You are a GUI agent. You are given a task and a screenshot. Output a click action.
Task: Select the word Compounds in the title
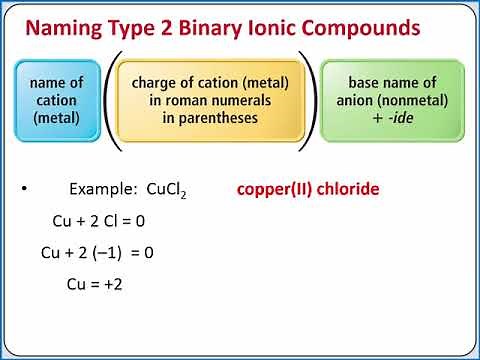pos(370,28)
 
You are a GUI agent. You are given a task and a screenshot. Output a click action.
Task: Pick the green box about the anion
pos(391,100)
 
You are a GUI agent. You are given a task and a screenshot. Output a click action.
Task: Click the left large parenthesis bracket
pos(112,100)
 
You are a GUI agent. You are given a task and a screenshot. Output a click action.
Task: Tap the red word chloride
pos(344,189)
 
